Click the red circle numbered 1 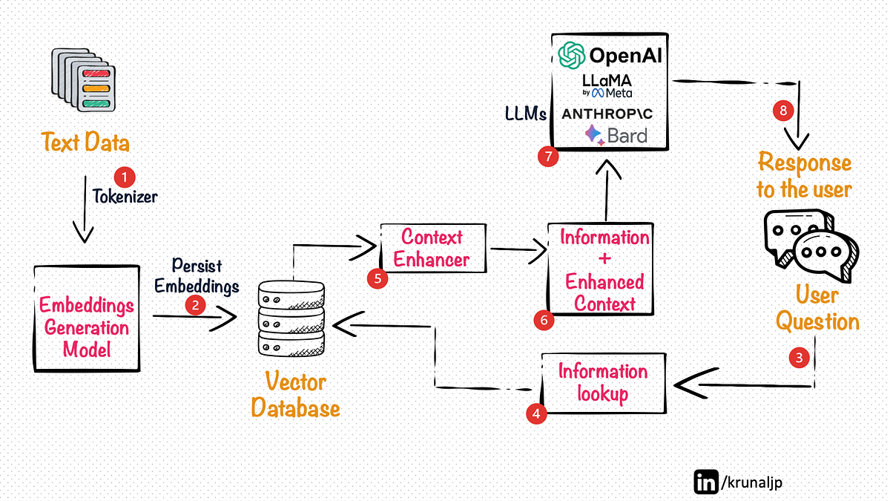(125, 177)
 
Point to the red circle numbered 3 (799, 357)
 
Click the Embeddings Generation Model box (87, 318)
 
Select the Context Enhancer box (432, 248)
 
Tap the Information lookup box (603, 382)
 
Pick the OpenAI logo (610, 55)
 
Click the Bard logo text (616, 135)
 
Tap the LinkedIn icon (705, 481)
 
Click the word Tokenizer (125, 197)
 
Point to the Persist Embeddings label (197, 275)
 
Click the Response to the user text (804, 175)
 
